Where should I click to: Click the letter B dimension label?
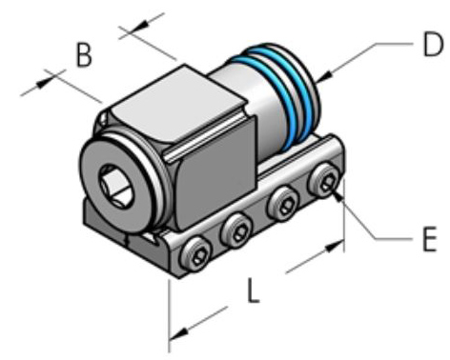(x=84, y=56)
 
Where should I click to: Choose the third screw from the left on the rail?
(x=283, y=203)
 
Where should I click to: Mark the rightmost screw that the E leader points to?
(x=327, y=179)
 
